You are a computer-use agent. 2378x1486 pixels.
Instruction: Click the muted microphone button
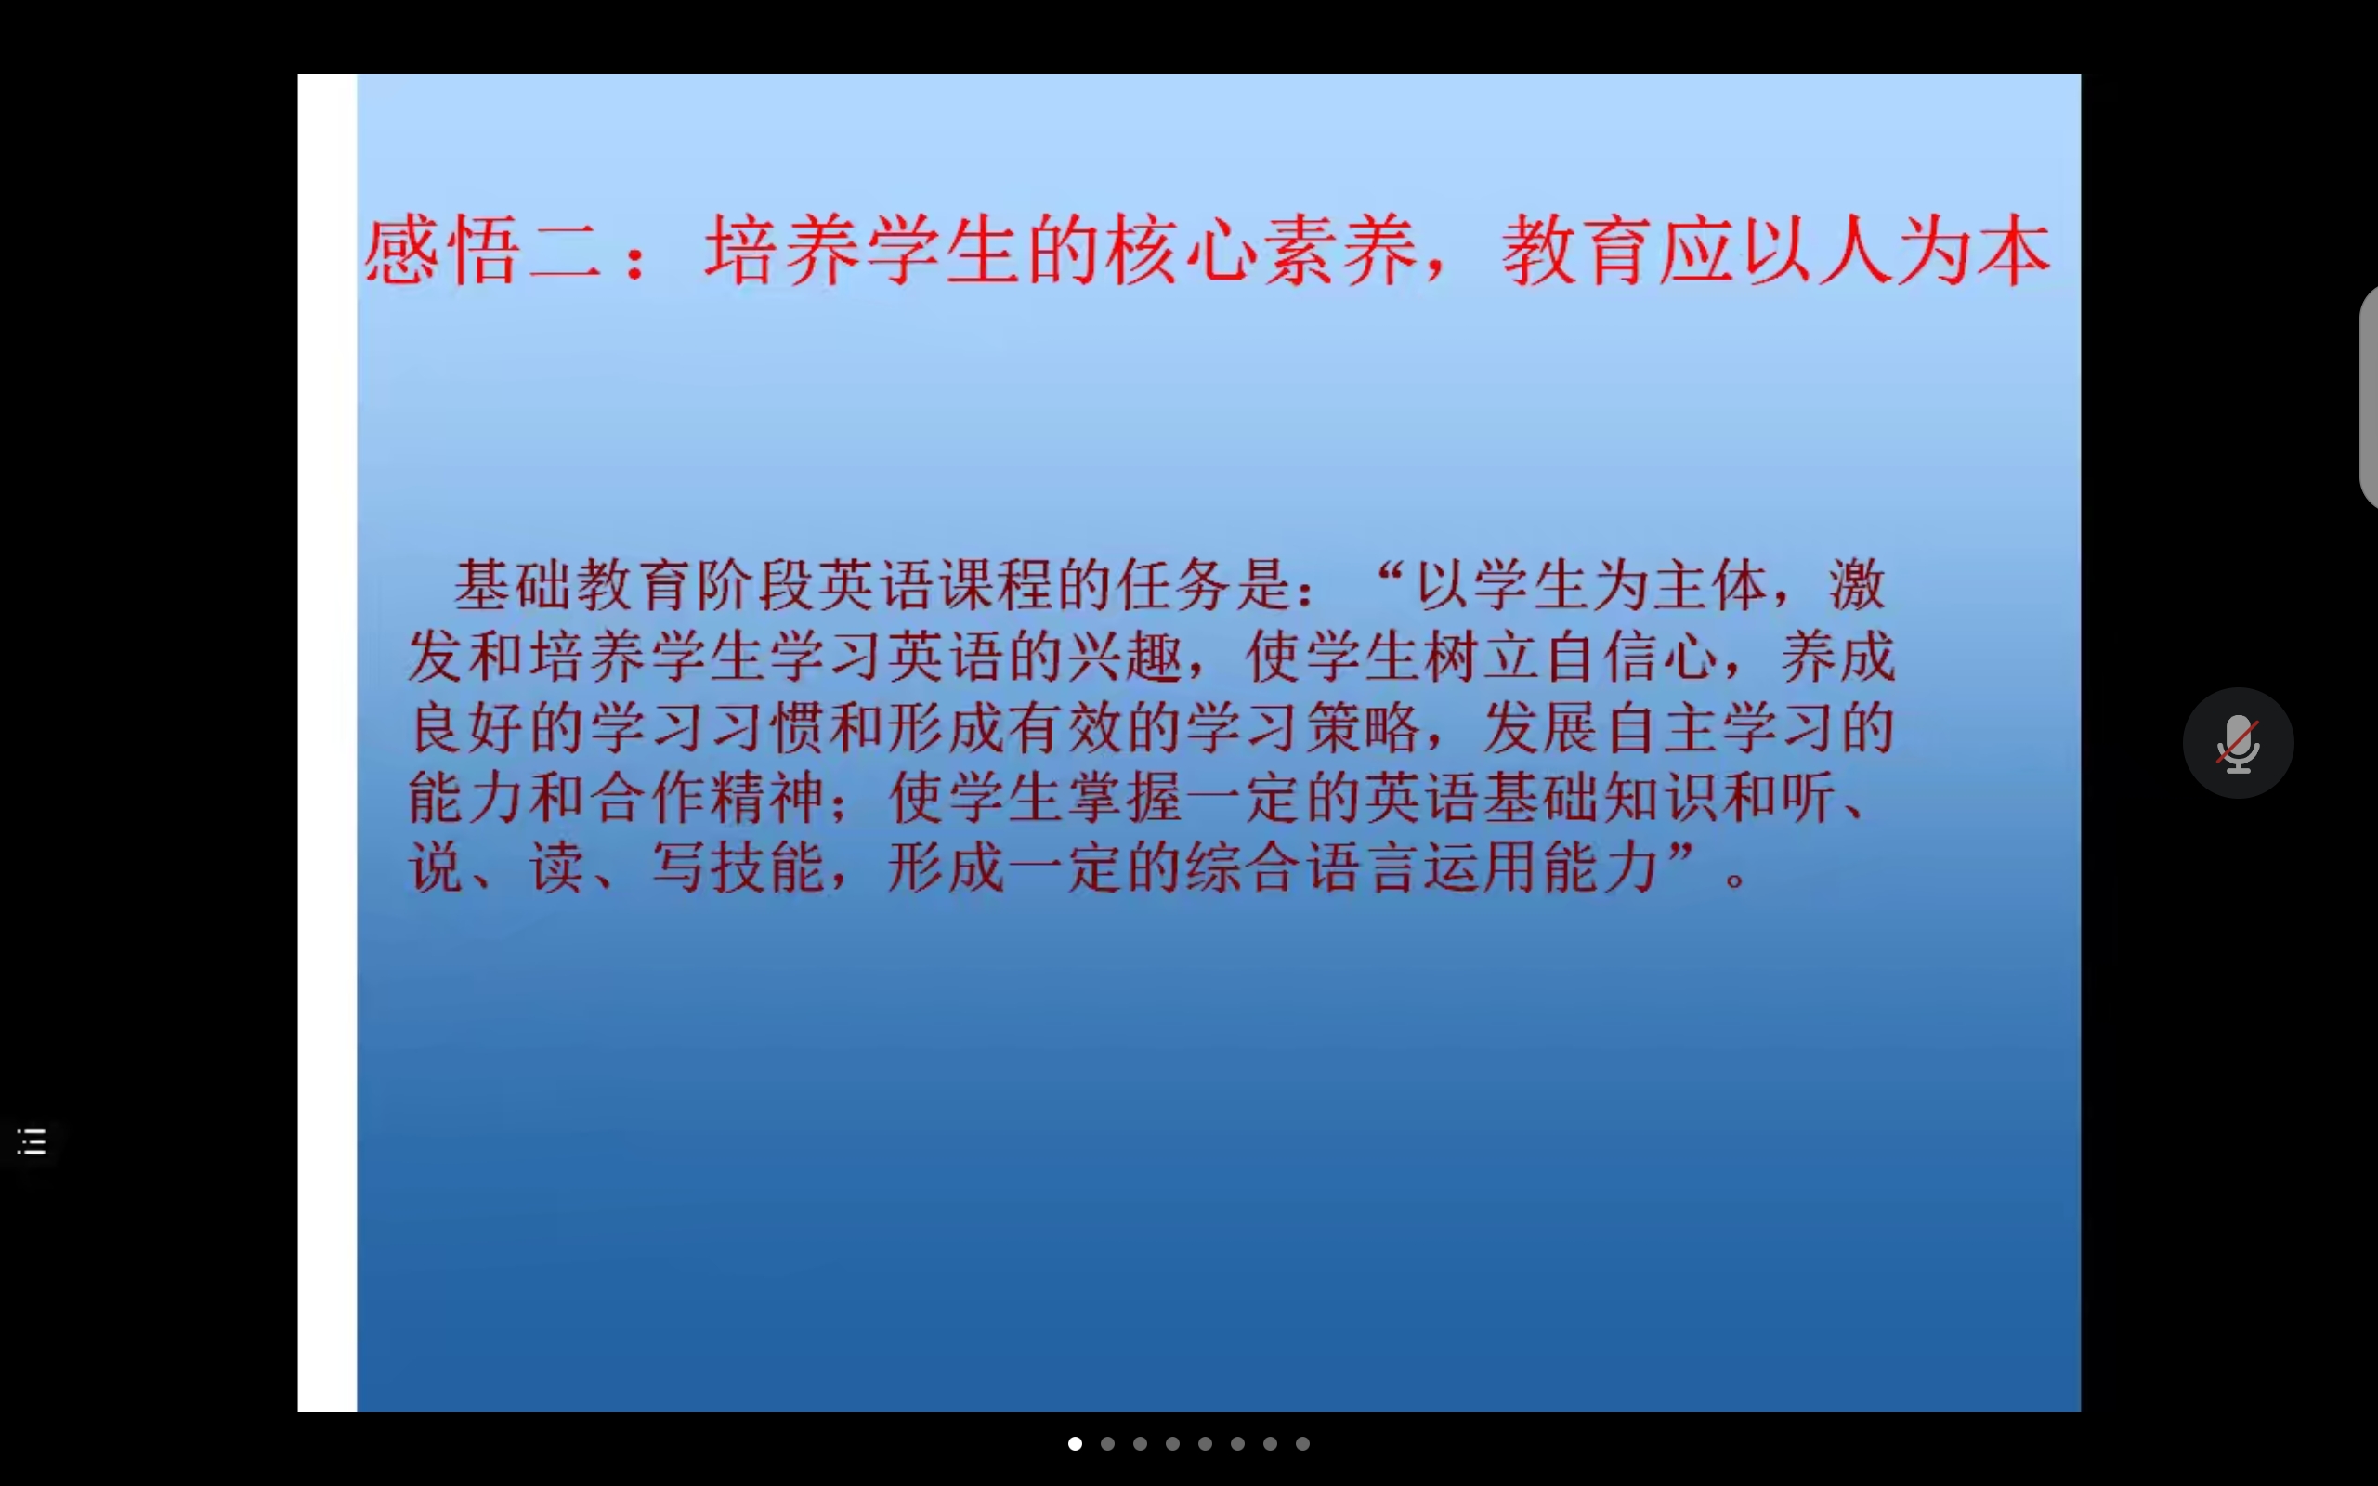tap(2239, 743)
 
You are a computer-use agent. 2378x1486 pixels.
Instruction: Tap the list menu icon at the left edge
tap(32, 1142)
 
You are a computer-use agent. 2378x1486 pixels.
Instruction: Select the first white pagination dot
tap(1075, 1443)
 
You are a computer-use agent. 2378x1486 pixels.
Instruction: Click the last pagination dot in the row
tap(1303, 1443)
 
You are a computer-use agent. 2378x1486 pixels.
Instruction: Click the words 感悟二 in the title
tap(483, 252)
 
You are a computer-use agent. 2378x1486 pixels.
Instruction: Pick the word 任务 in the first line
tap(1173, 586)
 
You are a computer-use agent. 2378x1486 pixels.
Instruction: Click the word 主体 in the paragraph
tap(1712, 586)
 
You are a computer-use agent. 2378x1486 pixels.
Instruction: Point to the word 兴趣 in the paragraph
tap(1126, 657)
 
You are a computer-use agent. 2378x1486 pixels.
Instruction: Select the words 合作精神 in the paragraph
tap(708, 798)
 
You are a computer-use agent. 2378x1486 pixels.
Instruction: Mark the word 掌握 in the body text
tap(1126, 798)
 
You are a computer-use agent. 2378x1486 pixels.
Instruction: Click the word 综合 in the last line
tap(1244, 867)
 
